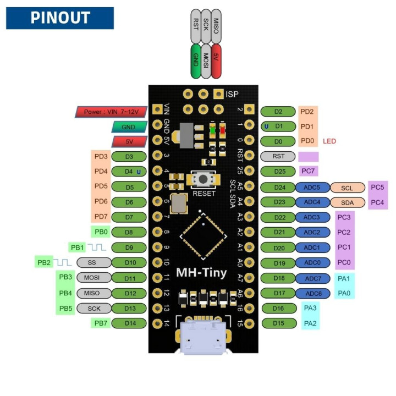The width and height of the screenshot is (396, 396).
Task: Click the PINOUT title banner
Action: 59,18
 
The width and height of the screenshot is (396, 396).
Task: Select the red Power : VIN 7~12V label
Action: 111,112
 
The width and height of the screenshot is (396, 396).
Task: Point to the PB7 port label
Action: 100,323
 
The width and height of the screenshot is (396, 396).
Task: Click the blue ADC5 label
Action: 312,188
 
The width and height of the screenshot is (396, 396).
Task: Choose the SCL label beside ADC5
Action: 347,188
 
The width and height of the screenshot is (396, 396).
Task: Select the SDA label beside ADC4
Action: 347,202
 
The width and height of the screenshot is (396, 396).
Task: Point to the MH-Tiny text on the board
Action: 201,273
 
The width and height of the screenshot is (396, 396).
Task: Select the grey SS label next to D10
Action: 92,262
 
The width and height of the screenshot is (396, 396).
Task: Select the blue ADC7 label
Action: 312,278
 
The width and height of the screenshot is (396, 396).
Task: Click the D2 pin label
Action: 278,112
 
